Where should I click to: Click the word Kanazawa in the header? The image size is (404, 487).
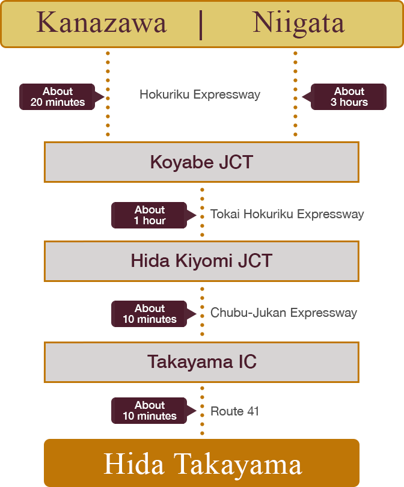point(101,23)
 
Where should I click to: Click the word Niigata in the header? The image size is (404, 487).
point(299,23)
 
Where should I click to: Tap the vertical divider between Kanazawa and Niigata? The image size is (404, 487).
point(200,24)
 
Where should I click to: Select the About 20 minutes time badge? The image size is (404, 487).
point(58,97)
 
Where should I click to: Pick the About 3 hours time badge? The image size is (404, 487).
point(349,97)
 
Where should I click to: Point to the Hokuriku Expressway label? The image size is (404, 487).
point(200,95)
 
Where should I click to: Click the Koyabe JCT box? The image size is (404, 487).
point(201,162)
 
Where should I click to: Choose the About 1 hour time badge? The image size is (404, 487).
point(150,215)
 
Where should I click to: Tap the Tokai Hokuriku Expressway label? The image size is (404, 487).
point(287,215)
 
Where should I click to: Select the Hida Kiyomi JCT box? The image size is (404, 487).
point(201,261)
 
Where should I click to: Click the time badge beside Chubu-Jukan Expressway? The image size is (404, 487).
point(150,314)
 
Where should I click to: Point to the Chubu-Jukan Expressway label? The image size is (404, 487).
point(284,313)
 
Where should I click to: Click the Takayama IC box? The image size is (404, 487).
point(201,362)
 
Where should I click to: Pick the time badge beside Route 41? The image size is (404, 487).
point(150,411)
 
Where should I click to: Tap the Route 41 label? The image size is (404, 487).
point(234,411)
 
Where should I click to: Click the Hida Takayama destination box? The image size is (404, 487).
point(202,464)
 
